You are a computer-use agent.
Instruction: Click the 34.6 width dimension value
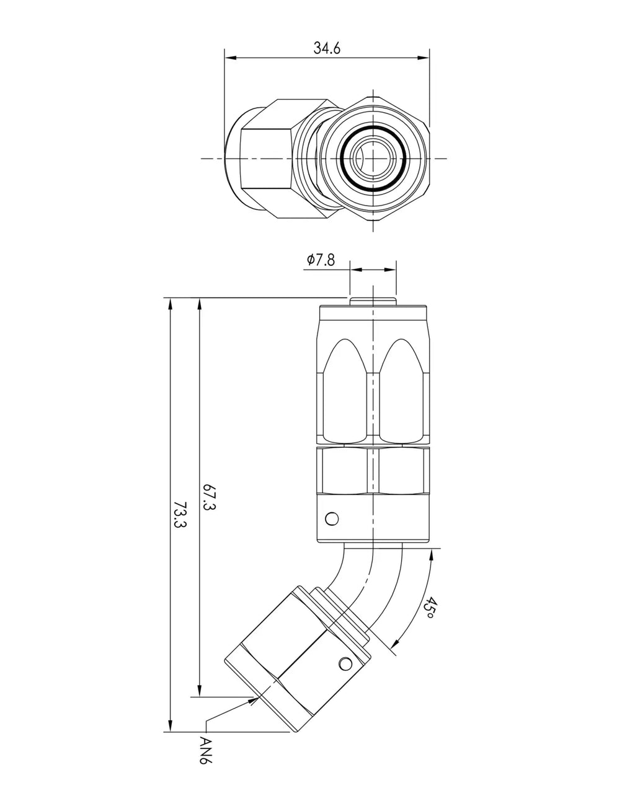[327, 48]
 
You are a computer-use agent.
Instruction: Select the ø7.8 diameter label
[321, 260]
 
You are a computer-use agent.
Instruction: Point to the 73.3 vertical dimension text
[180, 514]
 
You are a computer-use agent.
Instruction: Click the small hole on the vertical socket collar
[332, 519]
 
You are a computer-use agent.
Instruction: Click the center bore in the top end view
[373, 159]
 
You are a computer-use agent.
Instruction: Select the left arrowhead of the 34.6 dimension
[230, 58]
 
